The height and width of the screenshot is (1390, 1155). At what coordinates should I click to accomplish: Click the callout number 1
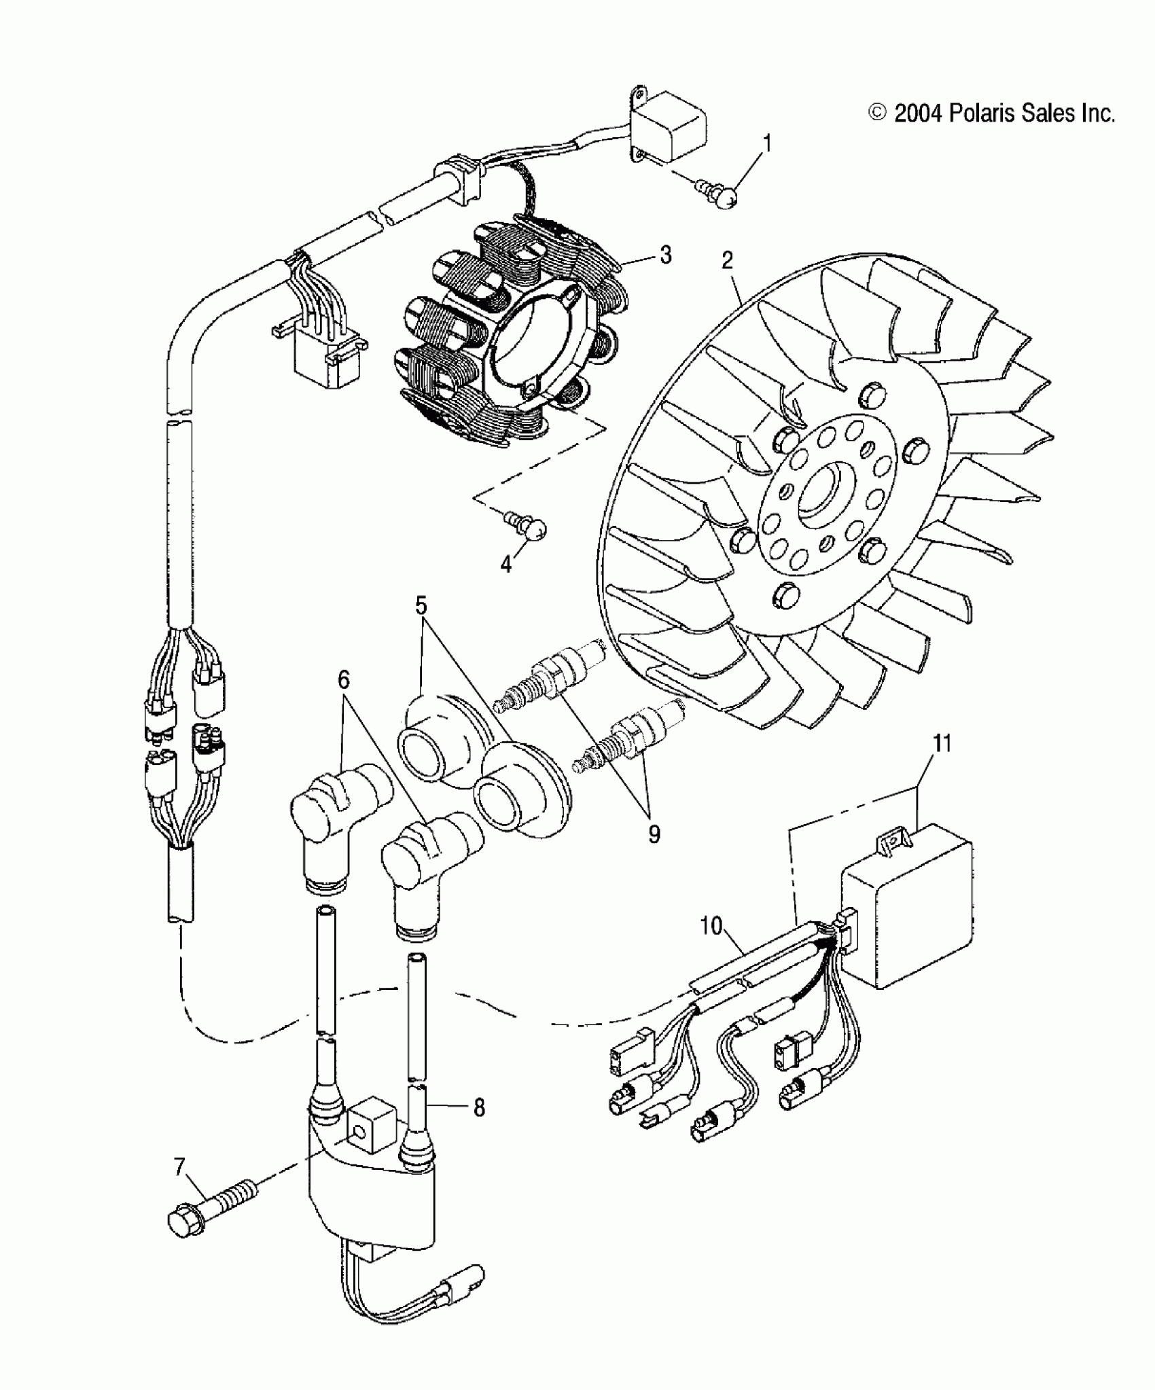768,144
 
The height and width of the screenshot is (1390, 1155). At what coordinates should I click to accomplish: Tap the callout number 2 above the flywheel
728,260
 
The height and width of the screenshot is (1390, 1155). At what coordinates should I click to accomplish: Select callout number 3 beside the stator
666,255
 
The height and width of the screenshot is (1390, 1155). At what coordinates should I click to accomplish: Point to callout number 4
506,564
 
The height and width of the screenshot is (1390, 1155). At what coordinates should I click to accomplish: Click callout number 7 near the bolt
179,1167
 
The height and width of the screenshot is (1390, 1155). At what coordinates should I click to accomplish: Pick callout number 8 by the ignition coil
479,1108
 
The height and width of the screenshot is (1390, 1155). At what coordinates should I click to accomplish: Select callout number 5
421,605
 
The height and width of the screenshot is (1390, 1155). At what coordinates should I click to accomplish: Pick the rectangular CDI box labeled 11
906,904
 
